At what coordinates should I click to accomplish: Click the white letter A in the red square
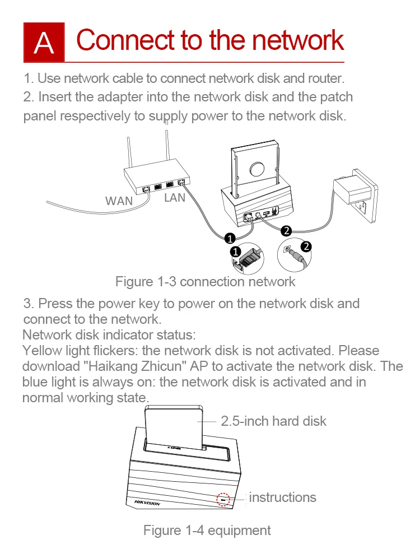[x=44, y=43]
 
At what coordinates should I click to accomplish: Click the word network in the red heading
[x=296, y=40]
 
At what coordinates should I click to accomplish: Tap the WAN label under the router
[x=119, y=200]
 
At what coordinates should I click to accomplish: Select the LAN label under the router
[x=174, y=198]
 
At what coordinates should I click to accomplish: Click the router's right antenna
[x=166, y=147]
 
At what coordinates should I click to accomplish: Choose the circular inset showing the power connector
[x=295, y=255]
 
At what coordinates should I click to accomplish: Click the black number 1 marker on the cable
[x=229, y=238]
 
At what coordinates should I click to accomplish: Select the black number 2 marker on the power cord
[x=286, y=230]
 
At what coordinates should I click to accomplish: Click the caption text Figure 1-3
[x=145, y=281]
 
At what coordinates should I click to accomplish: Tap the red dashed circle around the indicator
[x=223, y=499]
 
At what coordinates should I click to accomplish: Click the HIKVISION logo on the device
[x=147, y=503]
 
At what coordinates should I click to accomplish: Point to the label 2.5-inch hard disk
[x=273, y=421]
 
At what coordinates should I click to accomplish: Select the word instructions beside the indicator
[x=282, y=497]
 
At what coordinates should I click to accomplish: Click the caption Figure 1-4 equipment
[x=207, y=530]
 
